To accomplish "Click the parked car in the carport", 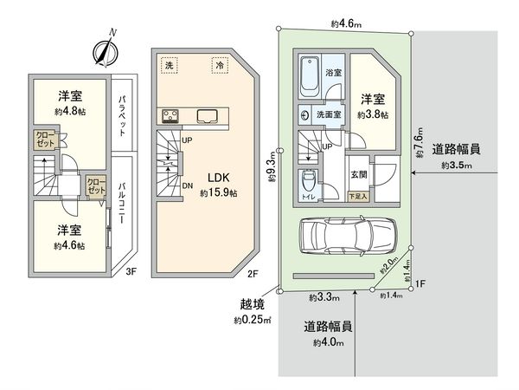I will (x=346, y=234).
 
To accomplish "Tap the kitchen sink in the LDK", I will (x=208, y=116).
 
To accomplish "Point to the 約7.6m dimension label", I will (x=421, y=139).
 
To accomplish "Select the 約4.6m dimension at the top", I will (x=345, y=23).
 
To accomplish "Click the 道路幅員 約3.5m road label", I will (x=458, y=156).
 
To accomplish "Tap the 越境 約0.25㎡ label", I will (x=252, y=313).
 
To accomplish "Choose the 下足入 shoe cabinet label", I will (x=356, y=198).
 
